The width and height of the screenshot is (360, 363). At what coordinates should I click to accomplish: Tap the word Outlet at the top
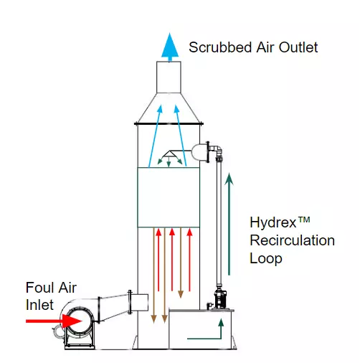pyautogui.click(x=298, y=47)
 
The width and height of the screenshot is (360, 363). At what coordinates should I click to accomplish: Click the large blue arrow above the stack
pyautogui.click(x=170, y=47)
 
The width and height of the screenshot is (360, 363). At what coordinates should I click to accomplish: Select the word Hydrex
pyautogui.click(x=273, y=223)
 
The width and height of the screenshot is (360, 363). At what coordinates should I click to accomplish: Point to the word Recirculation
pyautogui.click(x=292, y=240)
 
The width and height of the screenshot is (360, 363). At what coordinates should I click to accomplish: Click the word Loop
pyautogui.click(x=266, y=259)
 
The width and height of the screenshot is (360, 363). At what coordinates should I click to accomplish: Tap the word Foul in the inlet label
pyautogui.click(x=38, y=288)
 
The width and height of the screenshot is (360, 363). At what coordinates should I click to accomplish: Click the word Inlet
pyautogui.click(x=39, y=305)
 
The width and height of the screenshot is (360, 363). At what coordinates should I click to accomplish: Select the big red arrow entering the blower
pyautogui.click(x=54, y=321)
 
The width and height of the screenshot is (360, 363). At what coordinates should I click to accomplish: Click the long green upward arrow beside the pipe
pyautogui.click(x=229, y=224)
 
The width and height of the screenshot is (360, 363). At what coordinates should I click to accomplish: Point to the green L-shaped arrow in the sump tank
pyautogui.click(x=221, y=338)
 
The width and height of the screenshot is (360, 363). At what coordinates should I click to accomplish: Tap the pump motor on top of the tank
pyautogui.click(x=220, y=299)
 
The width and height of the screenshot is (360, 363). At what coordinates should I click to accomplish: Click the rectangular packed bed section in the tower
pyautogui.click(x=169, y=197)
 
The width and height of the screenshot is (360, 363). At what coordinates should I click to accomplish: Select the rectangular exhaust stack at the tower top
pyautogui.click(x=169, y=77)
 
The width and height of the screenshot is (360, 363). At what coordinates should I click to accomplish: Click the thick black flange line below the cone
pyautogui.click(x=169, y=123)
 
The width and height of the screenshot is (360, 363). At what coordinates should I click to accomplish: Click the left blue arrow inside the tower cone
pyautogui.click(x=156, y=136)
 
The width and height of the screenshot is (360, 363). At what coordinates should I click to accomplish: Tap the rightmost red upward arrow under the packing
pyautogui.click(x=189, y=260)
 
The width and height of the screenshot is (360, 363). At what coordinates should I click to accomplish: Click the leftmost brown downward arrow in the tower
pyautogui.click(x=153, y=275)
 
